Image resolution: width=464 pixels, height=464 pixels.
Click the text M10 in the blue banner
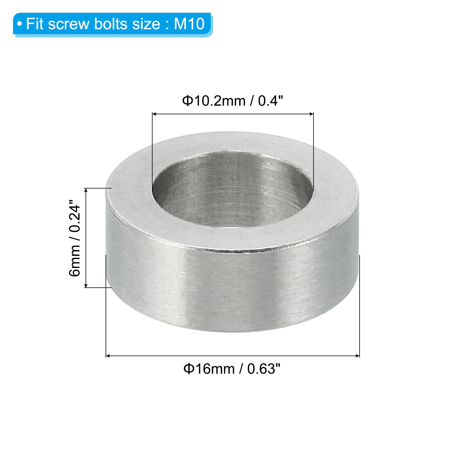click(189, 24)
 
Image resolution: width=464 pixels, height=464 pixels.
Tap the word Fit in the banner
click(35, 24)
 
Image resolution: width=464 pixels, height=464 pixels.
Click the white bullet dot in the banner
click(19, 24)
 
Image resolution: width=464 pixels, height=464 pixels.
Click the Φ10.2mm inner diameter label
click(214, 101)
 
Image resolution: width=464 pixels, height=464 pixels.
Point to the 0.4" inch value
click(270, 101)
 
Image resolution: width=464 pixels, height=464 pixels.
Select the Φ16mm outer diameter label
click(209, 369)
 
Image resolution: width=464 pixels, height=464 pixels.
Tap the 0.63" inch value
click(264, 369)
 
